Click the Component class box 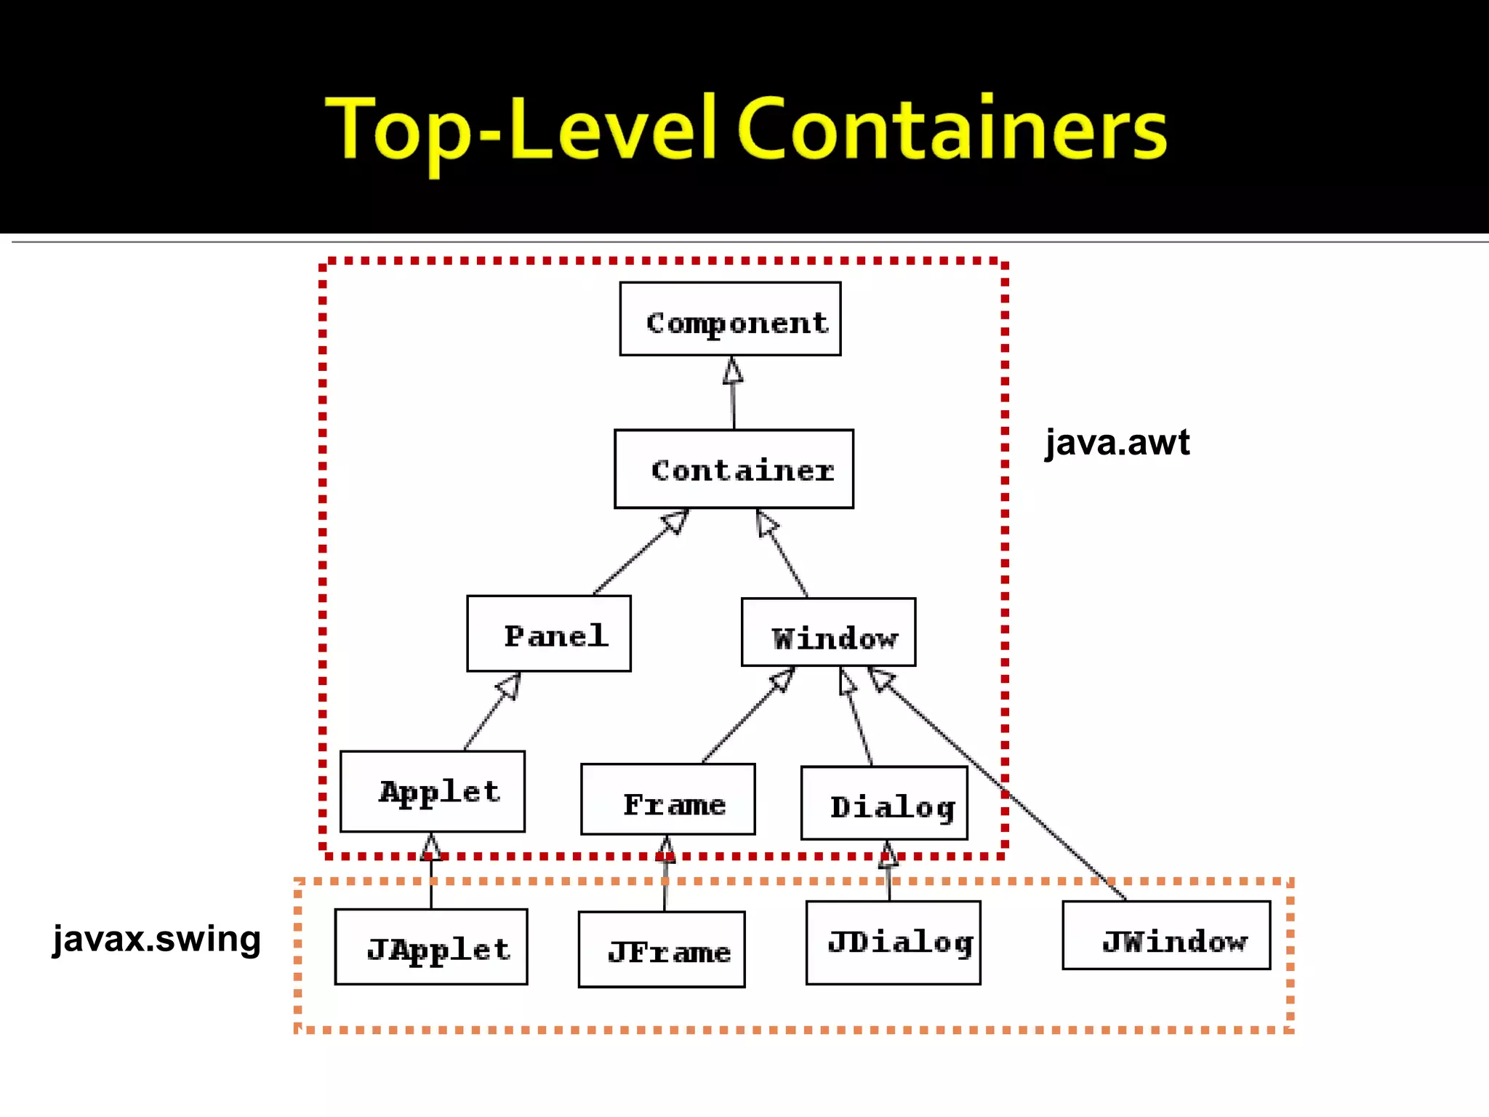coord(730,319)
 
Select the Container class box coord(734,469)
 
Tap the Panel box coord(549,634)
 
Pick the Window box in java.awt coord(828,633)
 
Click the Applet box coord(433,791)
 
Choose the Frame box coord(668,799)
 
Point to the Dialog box coord(884,803)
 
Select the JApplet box coord(431,947)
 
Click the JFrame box coord(662,950)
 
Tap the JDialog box coord(894,943)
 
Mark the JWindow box coord(1166,936)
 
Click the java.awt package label coord(1117,442)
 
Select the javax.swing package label coord(156,938)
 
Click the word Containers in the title coord(952,129)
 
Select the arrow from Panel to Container coord(640,553)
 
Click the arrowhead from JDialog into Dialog coord(888,854)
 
